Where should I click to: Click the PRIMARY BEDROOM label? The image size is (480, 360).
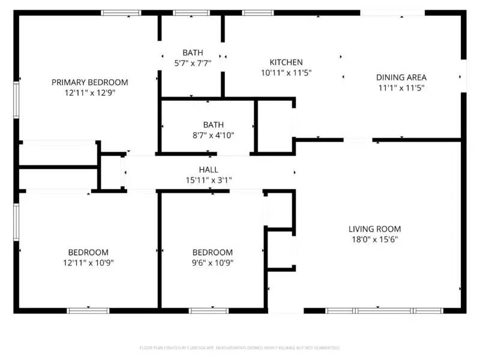(89, 82)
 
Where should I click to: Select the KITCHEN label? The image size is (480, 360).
(286, 62)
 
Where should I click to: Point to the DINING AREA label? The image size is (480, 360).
(401, 77)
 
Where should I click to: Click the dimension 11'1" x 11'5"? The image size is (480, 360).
(401, 88)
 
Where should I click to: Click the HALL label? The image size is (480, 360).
(209, 170)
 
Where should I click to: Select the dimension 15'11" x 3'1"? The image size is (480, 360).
(209, 180)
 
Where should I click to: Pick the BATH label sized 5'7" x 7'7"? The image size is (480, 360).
(193, 53)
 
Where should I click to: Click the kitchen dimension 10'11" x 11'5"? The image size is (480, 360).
(286, 73)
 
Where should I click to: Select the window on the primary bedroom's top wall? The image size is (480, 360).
(121, 13)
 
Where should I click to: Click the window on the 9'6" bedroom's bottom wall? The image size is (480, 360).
(209, 310)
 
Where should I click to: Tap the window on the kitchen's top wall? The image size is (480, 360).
(258, 13)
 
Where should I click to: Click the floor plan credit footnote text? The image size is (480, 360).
(239, 347)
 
